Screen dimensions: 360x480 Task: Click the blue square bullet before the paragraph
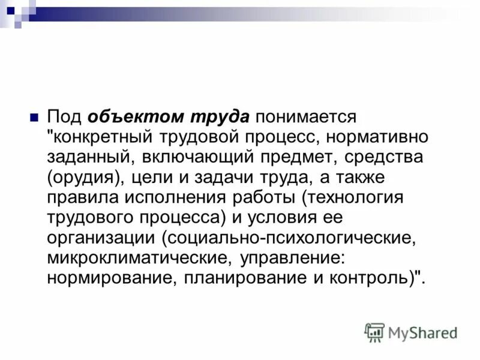(34, 116)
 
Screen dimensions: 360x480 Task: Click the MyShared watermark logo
(411, 332)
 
